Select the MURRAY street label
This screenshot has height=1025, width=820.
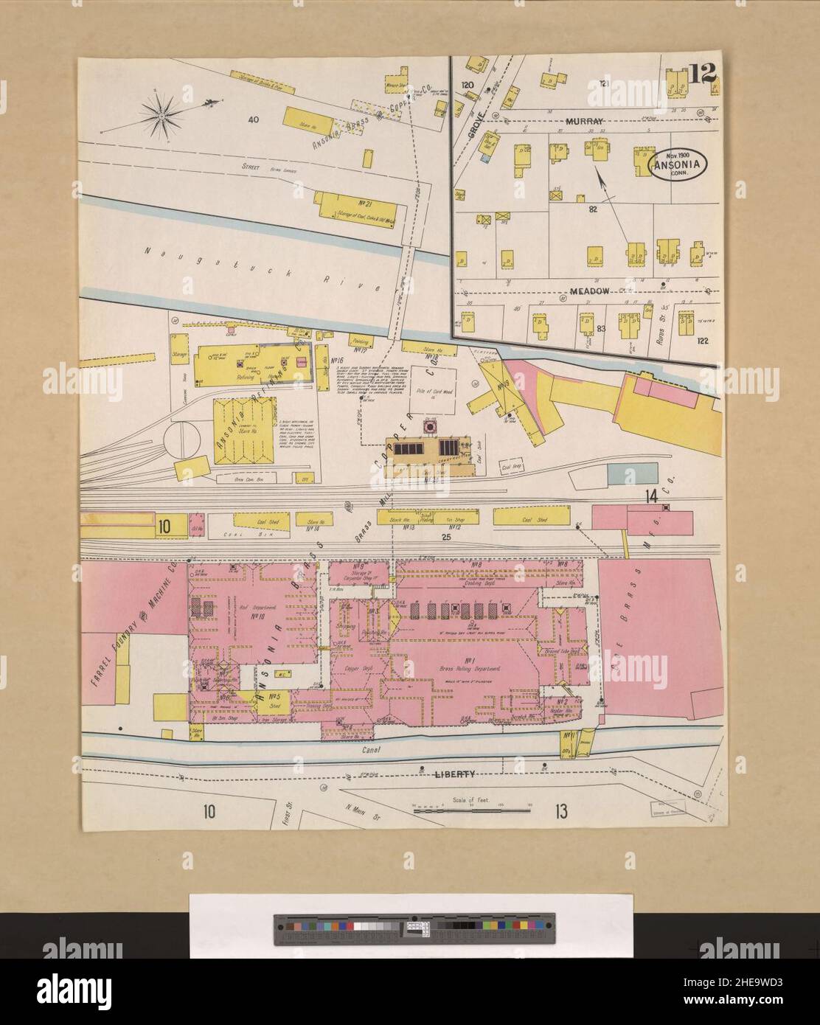tap(584, 120)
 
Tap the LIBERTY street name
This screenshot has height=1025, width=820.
tap(453, 774)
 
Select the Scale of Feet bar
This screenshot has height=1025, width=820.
tap(472, 809)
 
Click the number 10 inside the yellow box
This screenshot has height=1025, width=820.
tap(164, 526)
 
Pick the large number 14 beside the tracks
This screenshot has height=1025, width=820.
tap(651, 496)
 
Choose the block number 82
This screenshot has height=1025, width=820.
tap(591, 209)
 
